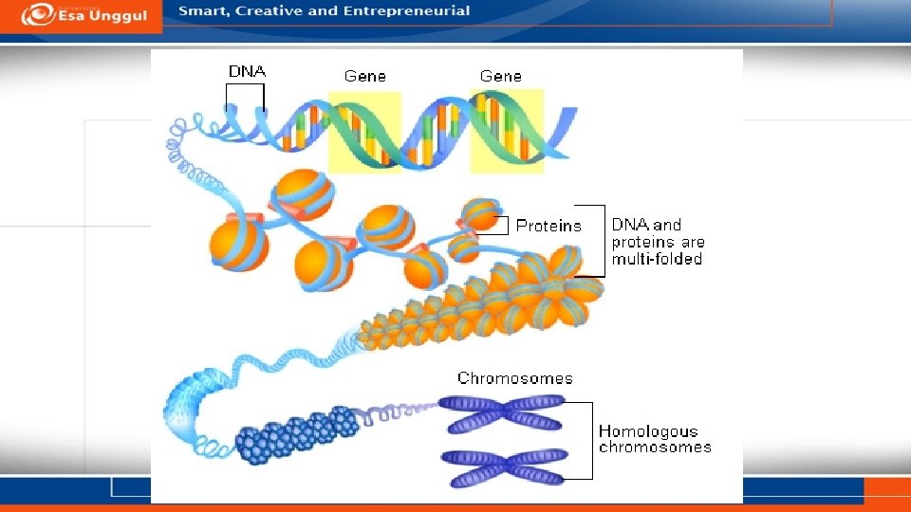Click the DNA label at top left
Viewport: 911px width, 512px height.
click(x=247, y=71)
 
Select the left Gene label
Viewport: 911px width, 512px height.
click(x=365, y=76)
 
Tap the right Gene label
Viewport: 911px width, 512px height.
click(x=500, y=76)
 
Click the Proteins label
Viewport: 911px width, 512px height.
click(x=548, y=226)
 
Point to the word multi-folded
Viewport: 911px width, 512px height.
click(x=657, y=258)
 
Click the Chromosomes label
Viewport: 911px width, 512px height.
click(x=515, y=378)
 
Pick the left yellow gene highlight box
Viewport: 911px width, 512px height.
click(x=364, y=132)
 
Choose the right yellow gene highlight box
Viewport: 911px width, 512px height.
click(x=507, y=132)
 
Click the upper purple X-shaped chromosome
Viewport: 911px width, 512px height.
click(x=504, y=411)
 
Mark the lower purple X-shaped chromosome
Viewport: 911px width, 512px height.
click(x=504, y=466)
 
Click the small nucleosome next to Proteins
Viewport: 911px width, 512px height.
click(x=480, y=215)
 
